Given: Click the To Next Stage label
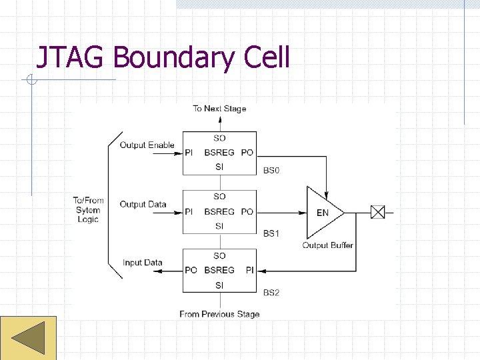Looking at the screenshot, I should [x=219, y=109].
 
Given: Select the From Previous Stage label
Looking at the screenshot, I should [x=219, y=314].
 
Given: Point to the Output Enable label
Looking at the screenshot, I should [x=147, y=145].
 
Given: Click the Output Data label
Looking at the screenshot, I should [x=143, y=204].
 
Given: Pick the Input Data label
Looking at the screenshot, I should [x=142, y=263].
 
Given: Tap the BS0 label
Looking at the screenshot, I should [x=271, y=171].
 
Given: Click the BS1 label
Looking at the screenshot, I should [x=271, y=233].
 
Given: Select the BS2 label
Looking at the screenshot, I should [x=271, y=292].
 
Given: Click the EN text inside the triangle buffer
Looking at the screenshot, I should [x=322, y=213].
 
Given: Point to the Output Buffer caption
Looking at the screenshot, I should [x=327, y=245].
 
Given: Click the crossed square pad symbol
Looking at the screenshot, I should [x=378, y=213].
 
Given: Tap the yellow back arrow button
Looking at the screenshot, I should [x=28, y=337].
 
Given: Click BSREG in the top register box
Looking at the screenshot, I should [x=219, y=153].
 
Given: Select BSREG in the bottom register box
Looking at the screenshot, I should [x=219, y=270].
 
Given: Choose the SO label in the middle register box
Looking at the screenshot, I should [x=219, y=197].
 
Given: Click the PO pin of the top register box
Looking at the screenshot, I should [x=247, y=153].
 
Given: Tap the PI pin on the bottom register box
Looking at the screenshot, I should [x=249, y=270].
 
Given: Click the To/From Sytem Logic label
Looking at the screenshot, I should [x=88, y=210].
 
